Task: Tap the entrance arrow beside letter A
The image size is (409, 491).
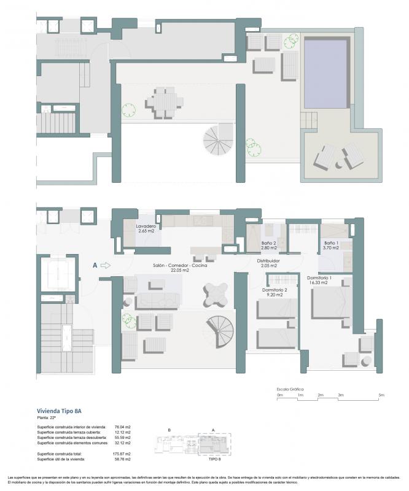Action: tap(105, 266)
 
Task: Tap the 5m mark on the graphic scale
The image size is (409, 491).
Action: tap(381, 395)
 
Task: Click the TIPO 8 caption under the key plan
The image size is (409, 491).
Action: tap(214, 458)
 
